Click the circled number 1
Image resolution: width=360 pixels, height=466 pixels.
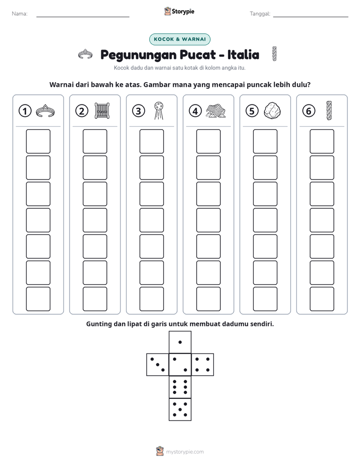tap(25, 111)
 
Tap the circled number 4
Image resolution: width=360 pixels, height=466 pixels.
tap(195, 111)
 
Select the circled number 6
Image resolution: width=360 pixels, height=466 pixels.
tap(309, 111)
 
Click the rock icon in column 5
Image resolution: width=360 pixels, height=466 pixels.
tap(272, 111)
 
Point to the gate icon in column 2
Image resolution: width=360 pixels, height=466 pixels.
tap(102, 111)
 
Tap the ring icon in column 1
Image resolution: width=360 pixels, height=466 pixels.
tap(45, 111)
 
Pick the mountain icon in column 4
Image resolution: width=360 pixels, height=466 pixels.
tap(216, 111)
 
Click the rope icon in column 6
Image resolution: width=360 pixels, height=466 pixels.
tap(329, 110)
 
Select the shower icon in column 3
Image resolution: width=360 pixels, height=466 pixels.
tap(158, 110)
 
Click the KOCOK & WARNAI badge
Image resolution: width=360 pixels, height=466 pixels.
tap(179, 39)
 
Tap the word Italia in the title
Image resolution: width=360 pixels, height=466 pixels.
tap(243, 54)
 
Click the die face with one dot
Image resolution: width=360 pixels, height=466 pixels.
tap(180, 342)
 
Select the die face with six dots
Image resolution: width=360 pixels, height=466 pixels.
tap(180, 387)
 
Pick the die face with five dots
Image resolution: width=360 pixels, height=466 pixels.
tap(180, 410)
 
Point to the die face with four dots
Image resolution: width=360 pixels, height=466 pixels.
tap(203, 365)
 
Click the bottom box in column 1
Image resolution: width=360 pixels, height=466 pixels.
tap(38, 299)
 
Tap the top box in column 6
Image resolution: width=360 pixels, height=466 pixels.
tap(322, 141)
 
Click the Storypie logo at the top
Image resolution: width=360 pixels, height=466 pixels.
tap(179, 12)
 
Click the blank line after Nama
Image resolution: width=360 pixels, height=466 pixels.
tap(83, 17)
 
